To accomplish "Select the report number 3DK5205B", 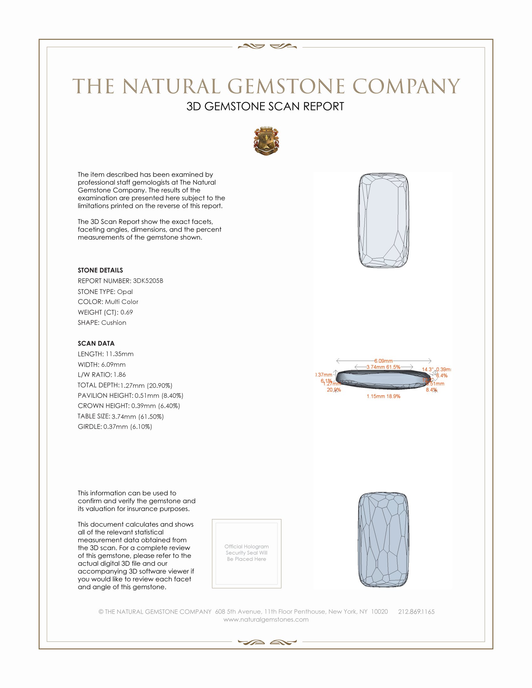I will pyautogui.click(x=148, y=281).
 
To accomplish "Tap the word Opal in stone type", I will pyautogui.click(x=125, y=292).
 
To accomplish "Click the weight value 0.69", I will pyautogui.click(x=126, y=312).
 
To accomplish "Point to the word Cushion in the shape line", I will pyautogui.click(x=114, y=323).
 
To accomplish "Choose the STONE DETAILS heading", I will pyautogui.click(x=100, y=270).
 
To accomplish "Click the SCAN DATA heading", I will pyautogui.click(x=96, y=343).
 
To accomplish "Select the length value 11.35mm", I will pyautogui.click(x=120, y=354).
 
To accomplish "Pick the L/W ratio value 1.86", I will pyautogui.click(x=120, y=375).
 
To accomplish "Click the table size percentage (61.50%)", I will pyautogui.click(x=151, y=417).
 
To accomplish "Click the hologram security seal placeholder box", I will pyautogui.click(x=247, y=554).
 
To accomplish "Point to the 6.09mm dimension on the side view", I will pyautogui.click(x=384, y=361).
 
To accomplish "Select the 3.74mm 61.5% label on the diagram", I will pyautogui.click(x=383, y=367).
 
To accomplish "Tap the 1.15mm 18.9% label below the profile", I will pyautogui.click(x=383, y=396).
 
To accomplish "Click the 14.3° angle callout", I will pyautogui.click(x=428, y=369).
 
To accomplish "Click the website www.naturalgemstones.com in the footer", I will pyautogui.click(x=266, y=619).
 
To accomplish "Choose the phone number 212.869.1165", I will pyautogui.click(x=416, y=611).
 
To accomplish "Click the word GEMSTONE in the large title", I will pyautogui.click(x=286, y=86).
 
